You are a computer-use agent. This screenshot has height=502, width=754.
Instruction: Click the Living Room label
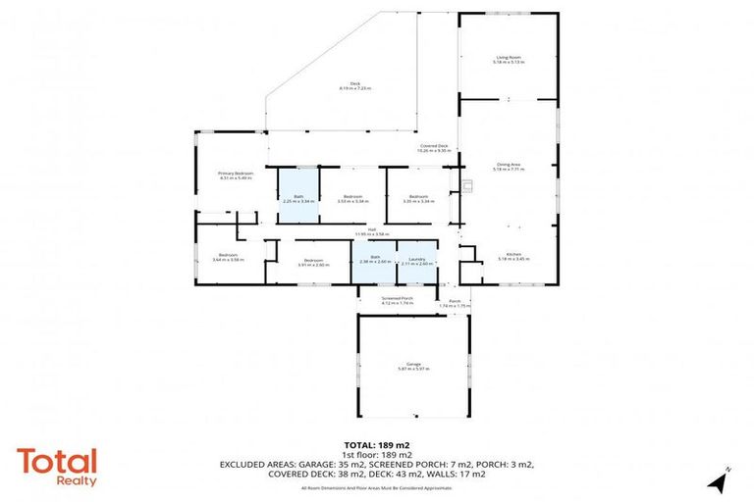pyautogui.click(x=509, y=59)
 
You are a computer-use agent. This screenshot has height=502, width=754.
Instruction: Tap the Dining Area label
pyautogui.click(x=509, y=167)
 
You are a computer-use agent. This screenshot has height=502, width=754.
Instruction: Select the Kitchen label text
pyautogui.click(x=509, y=256)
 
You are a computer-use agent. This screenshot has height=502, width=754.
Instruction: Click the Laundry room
pyautogui.click(x=417, y=261)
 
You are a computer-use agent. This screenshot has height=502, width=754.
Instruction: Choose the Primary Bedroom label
pyautogui.click(x=236, y=176)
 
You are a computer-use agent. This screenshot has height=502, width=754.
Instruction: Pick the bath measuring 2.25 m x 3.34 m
pyautogui.click(x=298, y=198)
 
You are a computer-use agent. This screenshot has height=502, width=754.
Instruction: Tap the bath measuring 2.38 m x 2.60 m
pyautogui.click(x=374, y=261)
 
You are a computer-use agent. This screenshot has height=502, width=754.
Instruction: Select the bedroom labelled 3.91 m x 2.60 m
pyautogui.click(x=312, y=261)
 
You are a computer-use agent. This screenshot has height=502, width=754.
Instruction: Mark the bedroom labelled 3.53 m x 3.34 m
pyautogui.click(x=352, y=198)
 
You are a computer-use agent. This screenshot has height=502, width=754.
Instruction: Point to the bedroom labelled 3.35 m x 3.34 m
pyautogui.click(x=418, y=198)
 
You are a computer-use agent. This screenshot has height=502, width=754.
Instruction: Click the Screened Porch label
pyautogui.click(x=398, y=300)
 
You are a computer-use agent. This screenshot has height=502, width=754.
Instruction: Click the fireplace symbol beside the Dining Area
pyautogui.click(x=467, y=184)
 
